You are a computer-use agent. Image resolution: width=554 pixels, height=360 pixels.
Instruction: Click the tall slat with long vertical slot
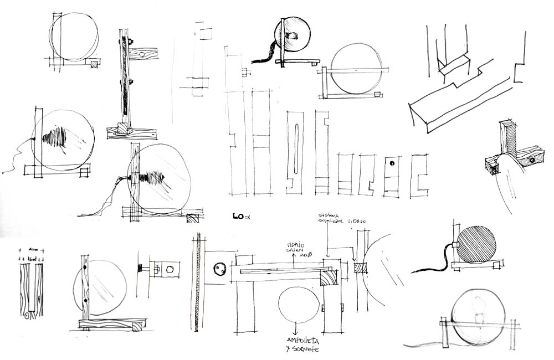click(x=295, y=150)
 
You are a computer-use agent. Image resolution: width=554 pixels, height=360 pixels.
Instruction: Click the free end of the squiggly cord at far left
click(x=3, y=173)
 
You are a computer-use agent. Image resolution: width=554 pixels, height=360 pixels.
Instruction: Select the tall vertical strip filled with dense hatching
click(x=196, y=283)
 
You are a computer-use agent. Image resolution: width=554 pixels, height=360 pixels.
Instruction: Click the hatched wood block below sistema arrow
click(x=360, y=267)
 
